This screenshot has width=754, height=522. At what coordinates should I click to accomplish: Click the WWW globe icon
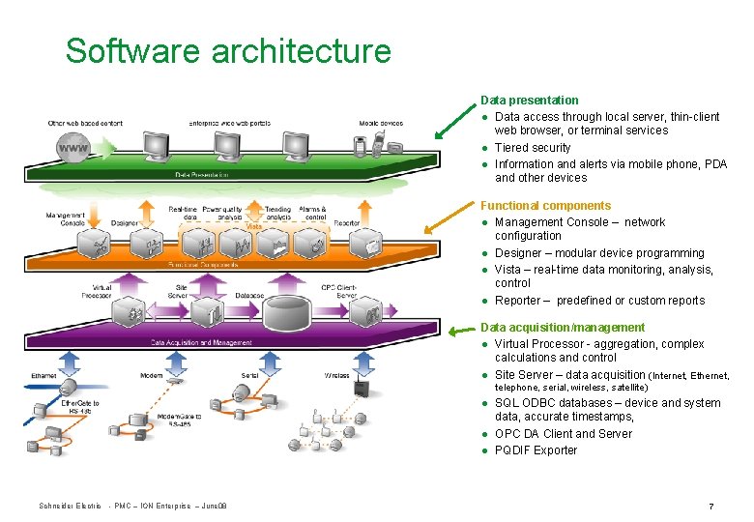(x=71, y=149)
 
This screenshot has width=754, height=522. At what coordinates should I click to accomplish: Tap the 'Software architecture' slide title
(x=228, y=50)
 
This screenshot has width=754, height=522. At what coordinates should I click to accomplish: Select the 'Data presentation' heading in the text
(x=530, y=101)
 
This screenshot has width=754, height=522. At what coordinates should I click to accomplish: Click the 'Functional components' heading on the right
(x=546, y=206)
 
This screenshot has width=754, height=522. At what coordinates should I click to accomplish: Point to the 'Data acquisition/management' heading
(x=563, y=328)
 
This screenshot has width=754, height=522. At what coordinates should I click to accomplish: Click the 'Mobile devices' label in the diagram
(x=380, y=123)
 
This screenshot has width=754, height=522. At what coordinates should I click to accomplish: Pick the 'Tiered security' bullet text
(x=533, y=148)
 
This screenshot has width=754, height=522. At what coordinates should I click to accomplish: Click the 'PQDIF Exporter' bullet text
(x=536, y=450)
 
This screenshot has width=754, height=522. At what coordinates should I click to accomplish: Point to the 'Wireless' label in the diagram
(x=336, y=375)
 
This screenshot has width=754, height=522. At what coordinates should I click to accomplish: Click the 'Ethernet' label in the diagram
(x=43, y=375)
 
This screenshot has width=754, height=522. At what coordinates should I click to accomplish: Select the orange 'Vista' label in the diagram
(x=253, y=226)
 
